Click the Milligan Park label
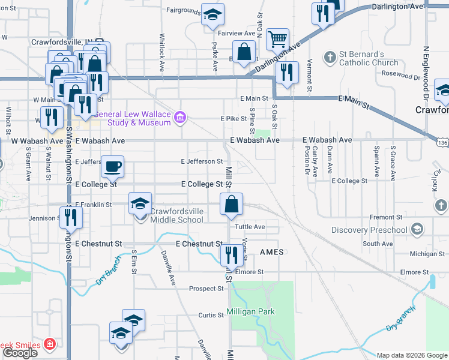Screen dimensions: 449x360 250,311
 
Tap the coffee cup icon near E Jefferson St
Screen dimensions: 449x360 112,167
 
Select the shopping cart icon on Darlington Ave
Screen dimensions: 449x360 277,40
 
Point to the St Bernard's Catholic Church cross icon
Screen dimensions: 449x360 330,58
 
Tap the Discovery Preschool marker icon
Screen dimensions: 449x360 417,230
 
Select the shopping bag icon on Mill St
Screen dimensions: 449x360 231,205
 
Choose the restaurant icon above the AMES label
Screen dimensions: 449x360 229,255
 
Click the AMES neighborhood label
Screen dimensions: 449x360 271,253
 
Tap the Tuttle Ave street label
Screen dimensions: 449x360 250,227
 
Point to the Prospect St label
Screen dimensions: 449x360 206,289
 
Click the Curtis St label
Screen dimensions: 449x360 211,315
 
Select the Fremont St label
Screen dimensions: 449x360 385,217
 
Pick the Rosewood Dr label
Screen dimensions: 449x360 400,77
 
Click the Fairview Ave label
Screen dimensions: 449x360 237,34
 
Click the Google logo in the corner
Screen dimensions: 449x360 20,353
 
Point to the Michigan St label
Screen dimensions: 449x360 427,254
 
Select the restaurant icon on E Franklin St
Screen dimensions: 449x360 71,217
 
